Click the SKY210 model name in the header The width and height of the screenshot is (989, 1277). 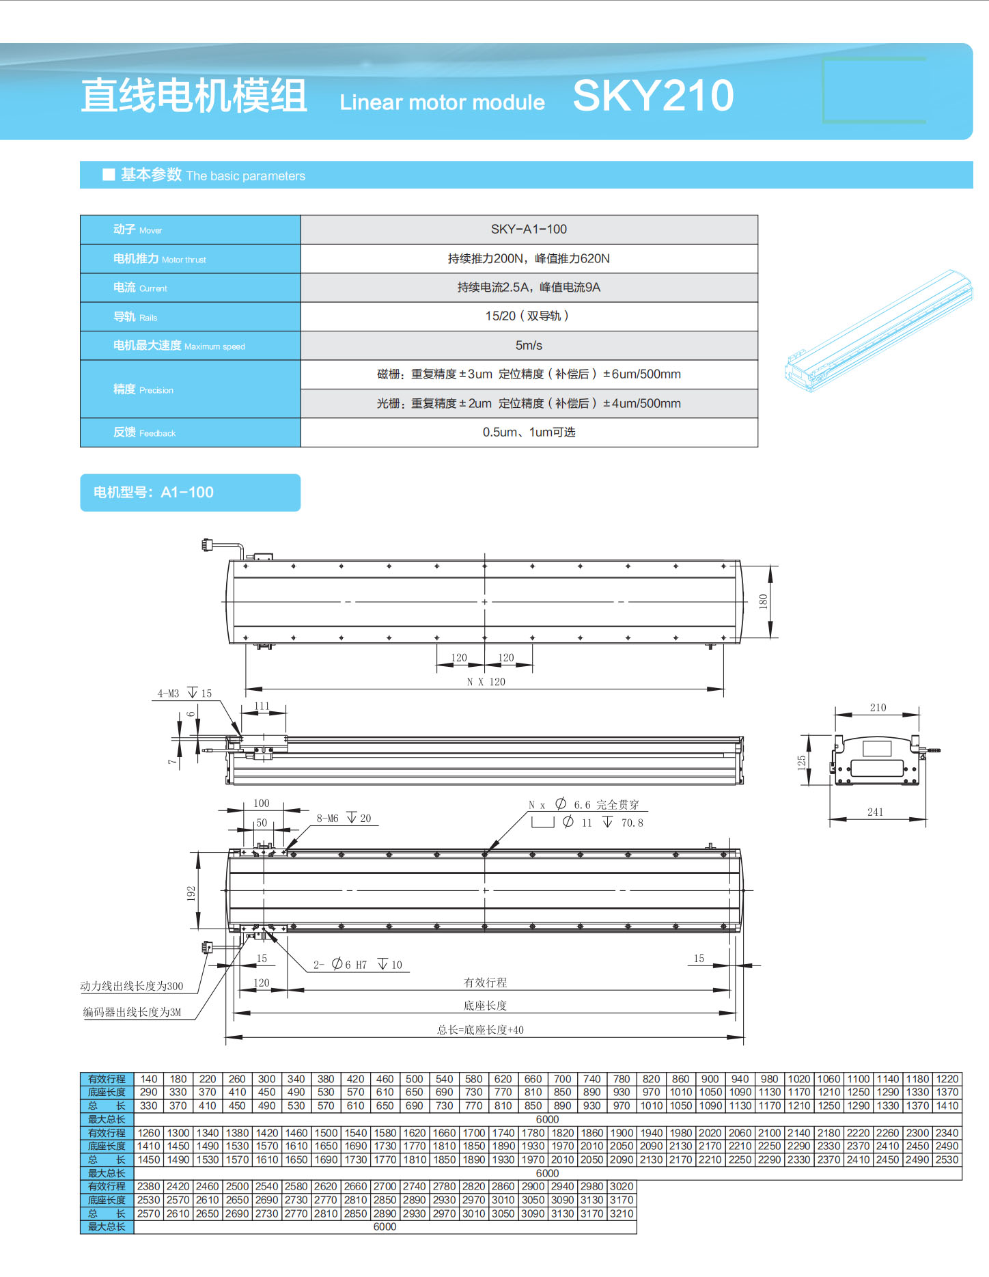pyautogui.click(x=653, y=96)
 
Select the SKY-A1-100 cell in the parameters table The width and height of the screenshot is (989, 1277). pyautogui.click(x=529, y=230)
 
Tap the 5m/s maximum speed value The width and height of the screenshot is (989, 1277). pyautogui.click(x=529, y=346)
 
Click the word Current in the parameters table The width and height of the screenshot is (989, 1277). pyautogui.click(x=153, y=288)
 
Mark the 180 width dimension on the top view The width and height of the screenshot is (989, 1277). pyautogui.click(x=763, y=601)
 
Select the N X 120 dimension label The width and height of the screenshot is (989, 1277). pyautogui.click(x=486, y=682)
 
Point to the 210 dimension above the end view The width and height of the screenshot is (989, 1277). pyautogui.click(x=878, y=708)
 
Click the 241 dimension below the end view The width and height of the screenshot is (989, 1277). pyautogui.click(x=875, y=812)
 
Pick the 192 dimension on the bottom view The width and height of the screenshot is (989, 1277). pyautogui.click(x=191, y=893)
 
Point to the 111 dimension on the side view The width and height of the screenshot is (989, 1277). pyautogui.click(x=262, y=706)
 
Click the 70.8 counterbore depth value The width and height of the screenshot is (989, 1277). pyautogui.click(x=632, y=823)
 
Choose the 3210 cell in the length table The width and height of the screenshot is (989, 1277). pyautogui.click(x=622, y=1213)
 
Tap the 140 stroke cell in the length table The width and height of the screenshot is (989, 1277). pyautogui.click(x=149, y=1079)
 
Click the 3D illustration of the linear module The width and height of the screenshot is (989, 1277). pyautogui.click(x=879, y=331)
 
